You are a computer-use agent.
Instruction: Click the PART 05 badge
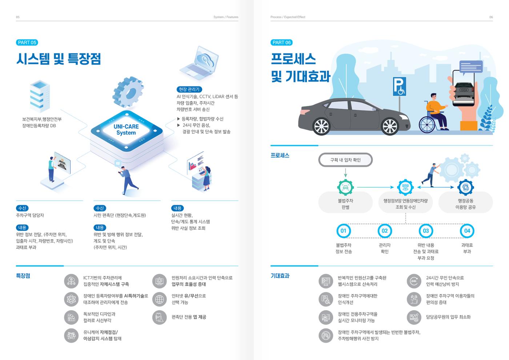tap(27, 43)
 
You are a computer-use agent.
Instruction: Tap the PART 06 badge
tap(281, 43)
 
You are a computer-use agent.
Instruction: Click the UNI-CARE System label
tap(126, 129)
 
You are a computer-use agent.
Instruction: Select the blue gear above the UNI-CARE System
tap(128, 92)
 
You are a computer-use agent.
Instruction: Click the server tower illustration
tap(40, 96)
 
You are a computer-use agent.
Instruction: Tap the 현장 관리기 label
tap(189, 89)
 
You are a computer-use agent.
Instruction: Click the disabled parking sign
tap(399, 87)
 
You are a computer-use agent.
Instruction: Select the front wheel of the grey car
tap(390, 127)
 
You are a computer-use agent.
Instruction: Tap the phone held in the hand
tap(463, 88)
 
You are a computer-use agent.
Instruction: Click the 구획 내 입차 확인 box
tap(345, 160)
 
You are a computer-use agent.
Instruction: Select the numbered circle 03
tap(426, 231)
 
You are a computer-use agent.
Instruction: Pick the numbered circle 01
tap(343, 231)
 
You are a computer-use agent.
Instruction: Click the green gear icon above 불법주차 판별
tap(345, 188)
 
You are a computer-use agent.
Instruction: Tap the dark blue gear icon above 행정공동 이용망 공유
tap(465, 188)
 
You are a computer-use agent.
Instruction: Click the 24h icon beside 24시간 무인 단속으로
tap(414, 281)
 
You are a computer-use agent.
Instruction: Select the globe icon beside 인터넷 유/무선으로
tap(159, 299)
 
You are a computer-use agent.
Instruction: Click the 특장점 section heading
tap(23, 276)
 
